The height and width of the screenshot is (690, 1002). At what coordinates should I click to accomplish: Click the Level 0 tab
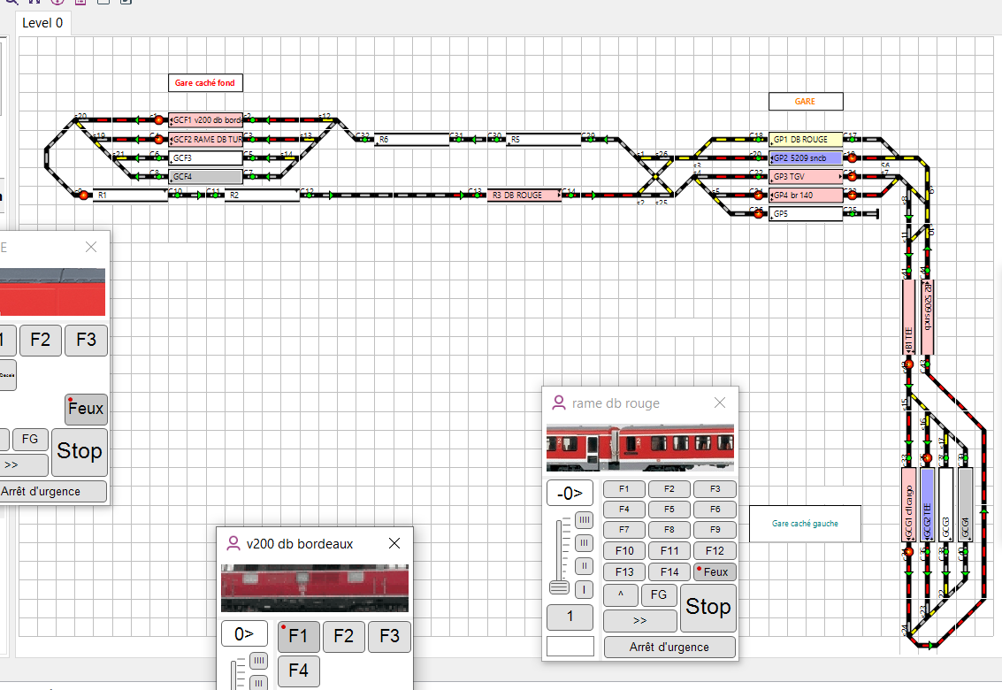[42, 23]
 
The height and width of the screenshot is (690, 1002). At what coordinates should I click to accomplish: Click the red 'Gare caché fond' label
[205, 83]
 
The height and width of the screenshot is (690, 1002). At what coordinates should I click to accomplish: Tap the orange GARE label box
[805, 102]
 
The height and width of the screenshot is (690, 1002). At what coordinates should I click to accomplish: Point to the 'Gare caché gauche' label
[805, 524]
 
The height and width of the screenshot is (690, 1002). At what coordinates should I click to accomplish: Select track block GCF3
[206, 157]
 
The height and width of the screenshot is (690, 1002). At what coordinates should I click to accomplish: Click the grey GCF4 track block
[206, 176]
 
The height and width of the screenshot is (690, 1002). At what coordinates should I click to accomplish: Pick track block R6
[412, 139]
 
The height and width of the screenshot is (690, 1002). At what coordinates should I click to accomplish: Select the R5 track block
[543, 139]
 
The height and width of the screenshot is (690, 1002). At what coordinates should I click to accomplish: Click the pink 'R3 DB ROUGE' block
[524, 195]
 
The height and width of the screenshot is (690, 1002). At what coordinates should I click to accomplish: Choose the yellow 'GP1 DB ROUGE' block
[806, 139]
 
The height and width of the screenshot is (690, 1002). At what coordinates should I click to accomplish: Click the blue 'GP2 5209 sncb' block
[806, 157]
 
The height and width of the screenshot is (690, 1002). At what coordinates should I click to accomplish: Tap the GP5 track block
[806, 213]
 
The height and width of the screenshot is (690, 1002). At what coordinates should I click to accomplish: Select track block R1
[131, 195]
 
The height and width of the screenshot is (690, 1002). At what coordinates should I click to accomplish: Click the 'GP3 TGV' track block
[806, 176]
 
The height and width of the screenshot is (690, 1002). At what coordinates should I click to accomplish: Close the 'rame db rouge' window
[720, 403]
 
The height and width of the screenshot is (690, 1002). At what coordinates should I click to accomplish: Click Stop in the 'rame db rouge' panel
[708, 607]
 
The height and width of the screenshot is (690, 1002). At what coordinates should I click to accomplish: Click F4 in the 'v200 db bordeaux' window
[299, 671]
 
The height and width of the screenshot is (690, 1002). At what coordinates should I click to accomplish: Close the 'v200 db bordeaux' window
[394, 543]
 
